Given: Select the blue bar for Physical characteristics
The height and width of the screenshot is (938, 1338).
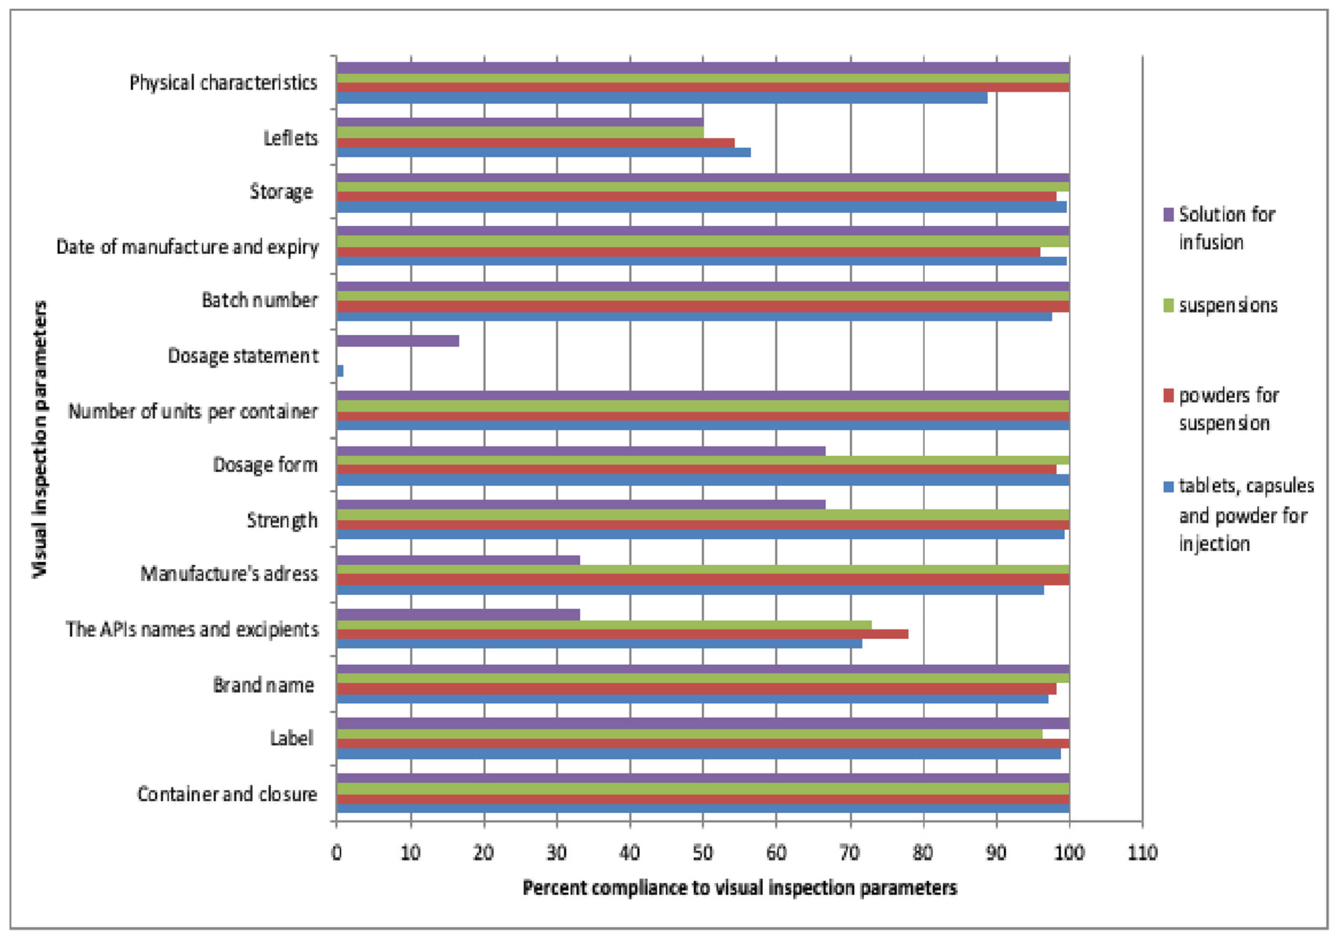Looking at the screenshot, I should click(661, 98).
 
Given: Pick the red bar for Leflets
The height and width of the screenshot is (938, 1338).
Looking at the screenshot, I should click(535, 143).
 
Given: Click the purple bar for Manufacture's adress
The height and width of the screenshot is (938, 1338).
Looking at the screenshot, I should click(458, 560).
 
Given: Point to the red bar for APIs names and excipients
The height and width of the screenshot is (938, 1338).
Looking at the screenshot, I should click(622, 634).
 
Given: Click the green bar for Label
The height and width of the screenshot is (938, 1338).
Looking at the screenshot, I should click(689, 734).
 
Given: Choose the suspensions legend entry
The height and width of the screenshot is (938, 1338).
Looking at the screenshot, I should click(1227, 305).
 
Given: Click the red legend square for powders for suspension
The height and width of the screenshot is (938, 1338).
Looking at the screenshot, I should click(1168, 396).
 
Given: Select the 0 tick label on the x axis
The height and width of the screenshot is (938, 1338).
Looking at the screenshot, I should click(336, 853).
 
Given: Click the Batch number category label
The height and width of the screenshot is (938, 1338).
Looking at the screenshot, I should click(260, 300).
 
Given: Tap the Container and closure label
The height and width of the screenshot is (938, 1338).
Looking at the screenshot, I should click(227, 794).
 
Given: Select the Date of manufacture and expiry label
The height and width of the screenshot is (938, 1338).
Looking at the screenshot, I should click(187, 247).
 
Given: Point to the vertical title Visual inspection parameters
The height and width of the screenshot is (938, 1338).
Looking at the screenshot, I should click(40, 439).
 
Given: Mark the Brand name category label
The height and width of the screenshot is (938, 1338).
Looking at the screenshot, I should click(263, 685).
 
